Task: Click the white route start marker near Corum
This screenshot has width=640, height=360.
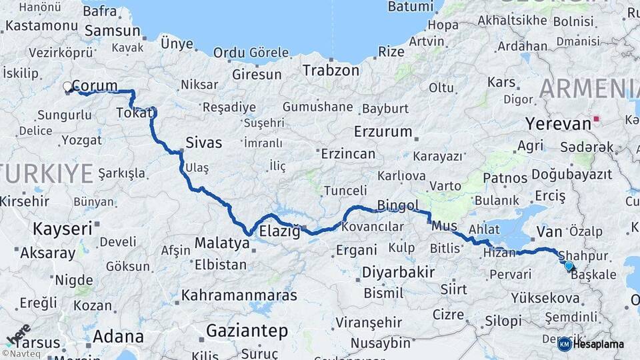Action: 67,87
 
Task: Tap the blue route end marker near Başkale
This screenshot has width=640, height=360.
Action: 568,265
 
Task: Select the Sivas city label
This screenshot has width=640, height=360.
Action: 203,143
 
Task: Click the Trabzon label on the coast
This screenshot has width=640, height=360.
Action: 331,70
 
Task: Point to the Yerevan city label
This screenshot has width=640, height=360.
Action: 558,124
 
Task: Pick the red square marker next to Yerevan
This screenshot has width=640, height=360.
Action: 597,120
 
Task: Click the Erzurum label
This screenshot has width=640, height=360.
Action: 383,131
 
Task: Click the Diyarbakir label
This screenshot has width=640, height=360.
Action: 398,272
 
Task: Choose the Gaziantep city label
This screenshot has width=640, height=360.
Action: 247,330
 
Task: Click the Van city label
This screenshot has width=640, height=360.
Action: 550,231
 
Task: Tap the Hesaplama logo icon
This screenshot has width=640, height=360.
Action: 564,344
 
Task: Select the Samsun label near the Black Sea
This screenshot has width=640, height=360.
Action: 113,31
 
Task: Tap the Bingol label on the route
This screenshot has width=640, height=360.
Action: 398,205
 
